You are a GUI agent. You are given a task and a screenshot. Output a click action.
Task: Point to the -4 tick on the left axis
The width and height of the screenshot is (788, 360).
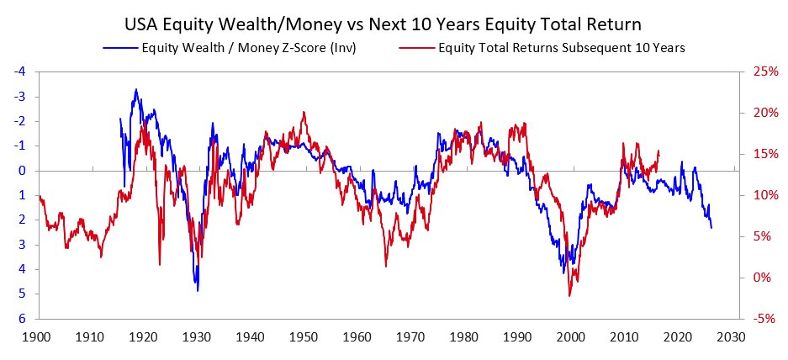[x=19, y=71]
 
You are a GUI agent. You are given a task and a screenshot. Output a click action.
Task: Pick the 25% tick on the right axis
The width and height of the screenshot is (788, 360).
[x=759, y=71]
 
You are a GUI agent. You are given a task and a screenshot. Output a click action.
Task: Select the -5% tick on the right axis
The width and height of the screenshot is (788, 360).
[x=759, y=319]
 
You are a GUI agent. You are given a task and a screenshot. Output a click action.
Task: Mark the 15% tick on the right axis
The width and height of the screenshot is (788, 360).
[x=759, y=154]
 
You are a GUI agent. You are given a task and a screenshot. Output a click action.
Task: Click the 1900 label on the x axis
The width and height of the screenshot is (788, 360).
[x=36, y=336]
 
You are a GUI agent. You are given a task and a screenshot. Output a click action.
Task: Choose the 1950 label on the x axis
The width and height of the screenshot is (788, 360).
[x=304, y=336]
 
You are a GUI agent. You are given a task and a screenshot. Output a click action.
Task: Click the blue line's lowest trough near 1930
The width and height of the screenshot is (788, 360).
[x=198, y=290]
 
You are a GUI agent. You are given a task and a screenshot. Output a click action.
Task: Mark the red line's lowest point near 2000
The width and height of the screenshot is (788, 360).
[x=569, y=295]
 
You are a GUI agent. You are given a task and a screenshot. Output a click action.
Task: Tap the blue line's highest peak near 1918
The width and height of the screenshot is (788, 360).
[x=135, y=89]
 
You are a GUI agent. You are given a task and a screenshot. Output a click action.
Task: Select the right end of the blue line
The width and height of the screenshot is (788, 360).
[x=711, y=227]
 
